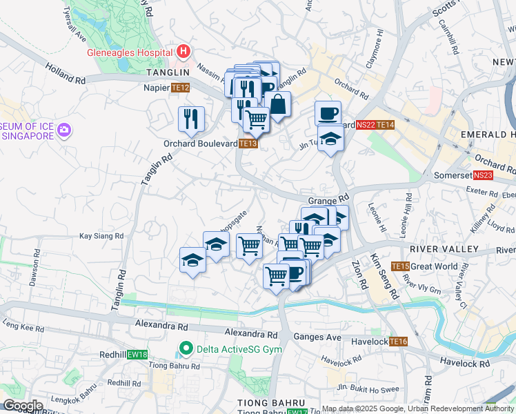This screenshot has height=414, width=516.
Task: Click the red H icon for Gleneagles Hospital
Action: click(183, 51)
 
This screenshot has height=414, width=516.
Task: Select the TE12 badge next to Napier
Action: click(181, 88)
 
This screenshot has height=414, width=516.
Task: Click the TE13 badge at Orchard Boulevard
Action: click(248, 144)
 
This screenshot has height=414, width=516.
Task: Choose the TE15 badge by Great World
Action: click(400, 266)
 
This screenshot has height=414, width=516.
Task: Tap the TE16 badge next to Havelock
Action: click(398, 342)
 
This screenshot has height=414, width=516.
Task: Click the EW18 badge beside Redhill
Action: click(137, 355)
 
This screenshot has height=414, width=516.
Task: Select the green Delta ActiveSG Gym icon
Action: click(184, 349)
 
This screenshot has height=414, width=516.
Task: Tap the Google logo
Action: click(23, 406)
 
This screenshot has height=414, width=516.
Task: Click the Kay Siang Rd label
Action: click(101, 236)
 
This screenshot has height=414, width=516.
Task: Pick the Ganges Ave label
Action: click(317, 337)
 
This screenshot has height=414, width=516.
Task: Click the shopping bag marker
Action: click(277, 105)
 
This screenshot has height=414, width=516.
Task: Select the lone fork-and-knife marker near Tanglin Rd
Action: click(191, 119)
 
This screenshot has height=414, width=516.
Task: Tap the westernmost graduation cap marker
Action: click(192, 260)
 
